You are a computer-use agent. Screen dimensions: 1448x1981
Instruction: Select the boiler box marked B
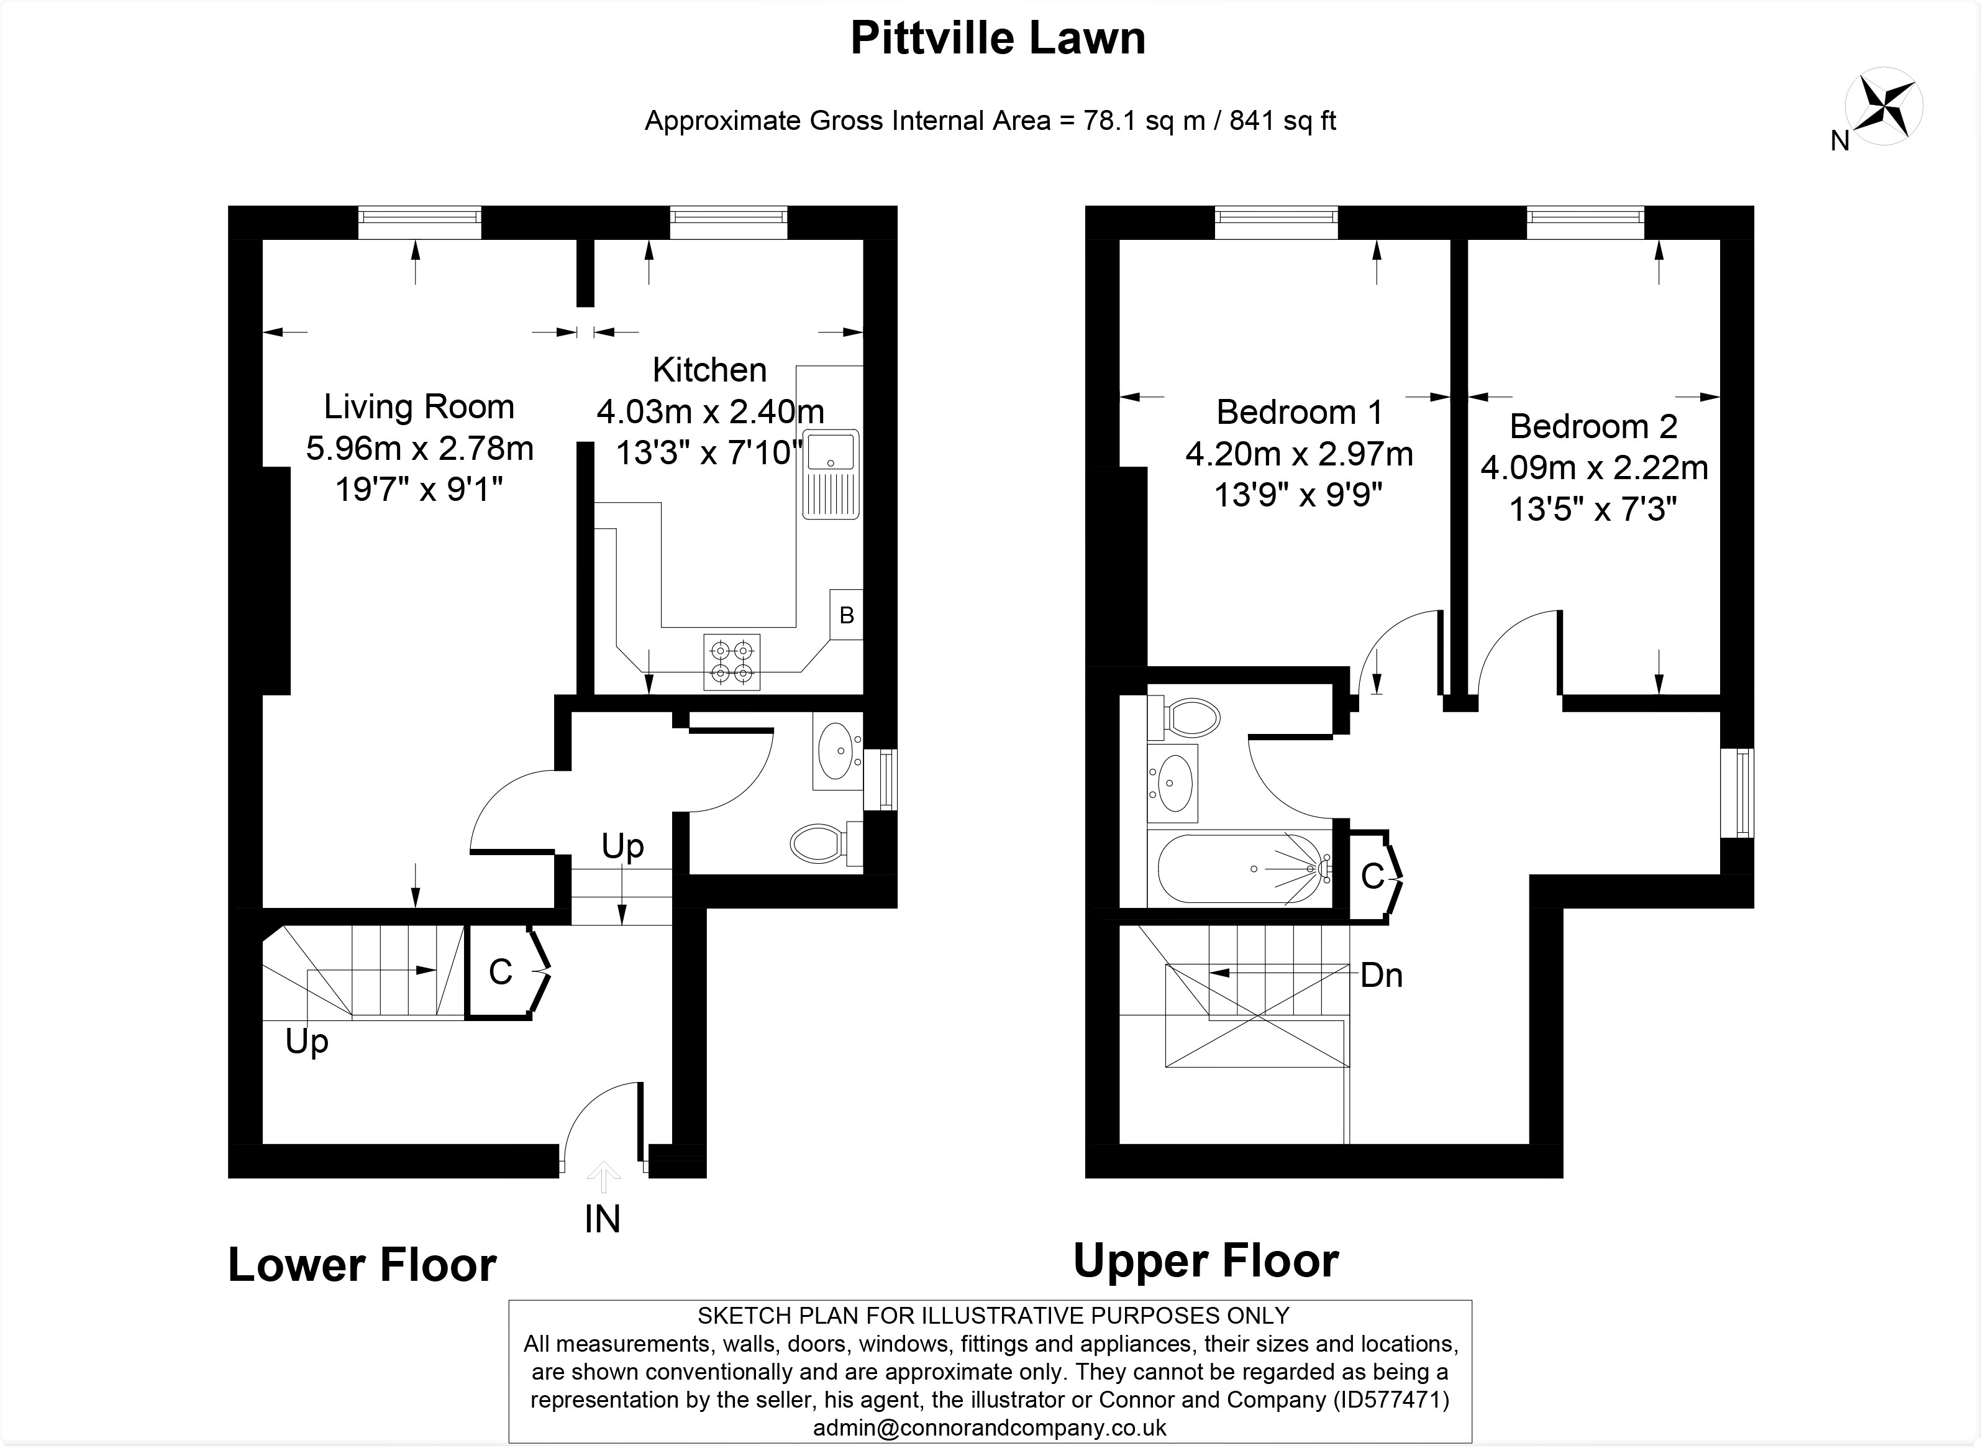(845, 615)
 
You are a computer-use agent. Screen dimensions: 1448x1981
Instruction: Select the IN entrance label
(602, 1219)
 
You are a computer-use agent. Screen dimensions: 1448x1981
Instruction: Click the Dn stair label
(1381, 974)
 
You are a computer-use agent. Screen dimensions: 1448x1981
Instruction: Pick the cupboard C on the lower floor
(500, 971)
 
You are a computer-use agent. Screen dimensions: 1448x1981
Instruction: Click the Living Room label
(419, 406)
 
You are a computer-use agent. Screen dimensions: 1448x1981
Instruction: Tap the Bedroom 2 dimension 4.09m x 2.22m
(1594, 468)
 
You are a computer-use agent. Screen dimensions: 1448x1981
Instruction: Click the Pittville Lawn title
(998, 39)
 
